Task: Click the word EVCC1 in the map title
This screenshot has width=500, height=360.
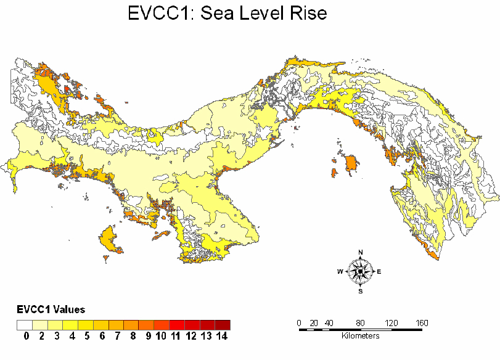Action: click(159, 13)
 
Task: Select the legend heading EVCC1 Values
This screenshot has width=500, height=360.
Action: click(51, 309)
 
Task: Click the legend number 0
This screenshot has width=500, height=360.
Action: click(27, 336)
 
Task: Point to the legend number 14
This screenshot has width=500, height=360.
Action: click(223, 336)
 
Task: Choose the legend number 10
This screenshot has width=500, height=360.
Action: click(161, 336)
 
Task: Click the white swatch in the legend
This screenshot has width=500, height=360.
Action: click(25, 324)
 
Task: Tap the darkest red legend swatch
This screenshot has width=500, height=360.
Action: click(223, 324)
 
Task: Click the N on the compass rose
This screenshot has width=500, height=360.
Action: click(361, 252)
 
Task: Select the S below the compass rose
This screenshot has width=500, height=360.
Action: click(361, 291)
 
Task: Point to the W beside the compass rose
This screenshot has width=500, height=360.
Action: click(340, 271)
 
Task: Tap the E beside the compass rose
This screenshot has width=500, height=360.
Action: click(379, 271)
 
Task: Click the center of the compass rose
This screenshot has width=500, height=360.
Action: click(361, 271)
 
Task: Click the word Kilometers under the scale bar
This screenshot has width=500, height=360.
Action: click(360, 336)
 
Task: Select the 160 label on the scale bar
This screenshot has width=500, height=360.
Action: click(422, 323)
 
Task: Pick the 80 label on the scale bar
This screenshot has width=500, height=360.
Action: click(360, 323)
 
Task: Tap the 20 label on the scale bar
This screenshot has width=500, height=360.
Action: click(314, 323)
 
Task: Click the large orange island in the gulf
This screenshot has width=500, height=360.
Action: click(351, 164)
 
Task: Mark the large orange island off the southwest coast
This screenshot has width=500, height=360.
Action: click(109, 239)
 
